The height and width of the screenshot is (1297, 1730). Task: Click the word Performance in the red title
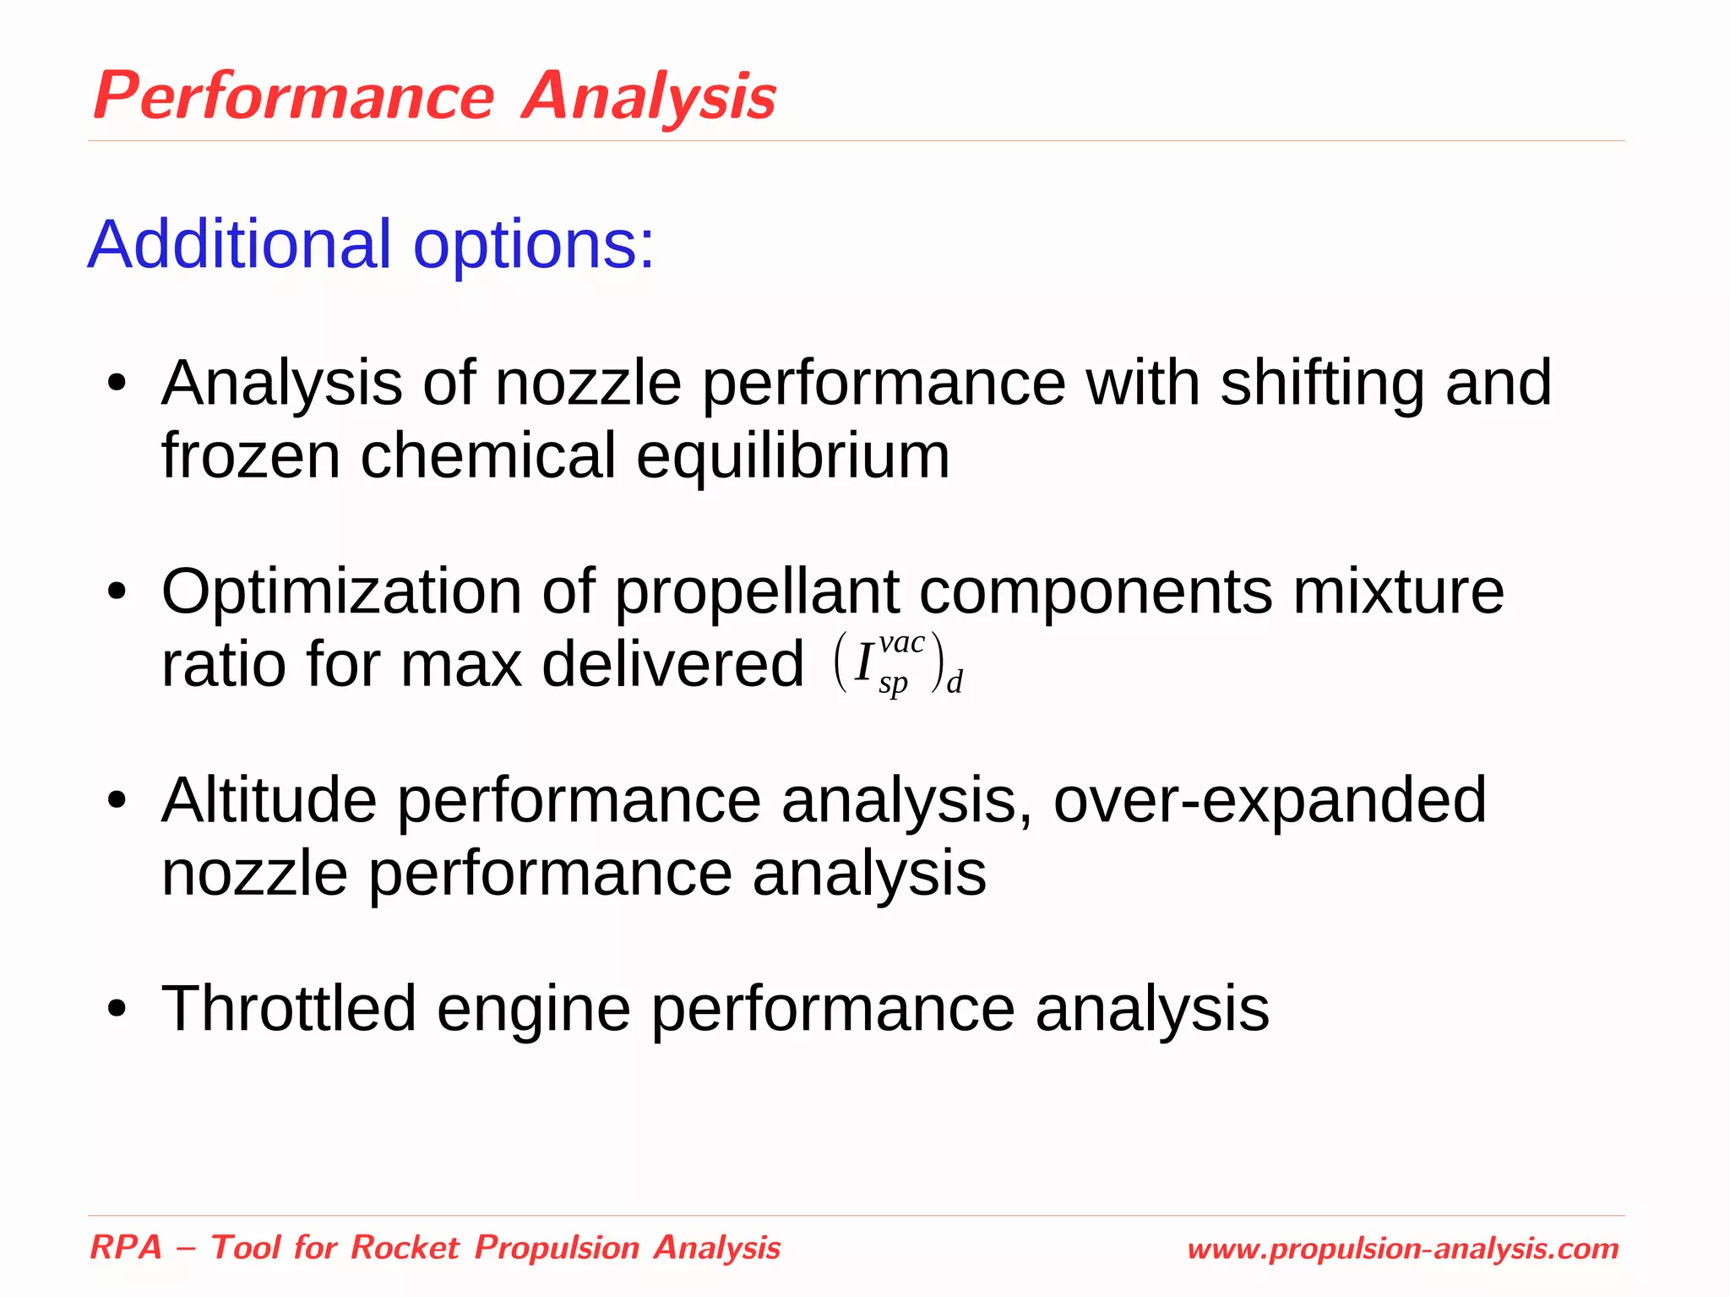point(293,96)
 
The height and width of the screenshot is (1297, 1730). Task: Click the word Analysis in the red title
point(649,96)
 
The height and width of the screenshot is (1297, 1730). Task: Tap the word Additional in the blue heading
point(240,245)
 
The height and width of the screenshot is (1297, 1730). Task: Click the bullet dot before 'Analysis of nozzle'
point(117,384)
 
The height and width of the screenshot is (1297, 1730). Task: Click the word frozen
point(251,456)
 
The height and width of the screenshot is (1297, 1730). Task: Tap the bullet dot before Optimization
point(117,593)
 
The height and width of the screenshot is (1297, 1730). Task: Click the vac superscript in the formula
point(901,644)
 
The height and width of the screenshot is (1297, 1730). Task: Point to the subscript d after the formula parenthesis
point(955,682)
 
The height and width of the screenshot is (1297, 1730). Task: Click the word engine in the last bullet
point(533,1011)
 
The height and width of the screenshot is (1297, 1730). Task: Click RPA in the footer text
point(126,1247)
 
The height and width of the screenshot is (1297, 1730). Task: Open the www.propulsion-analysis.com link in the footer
point(1402,1249)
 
